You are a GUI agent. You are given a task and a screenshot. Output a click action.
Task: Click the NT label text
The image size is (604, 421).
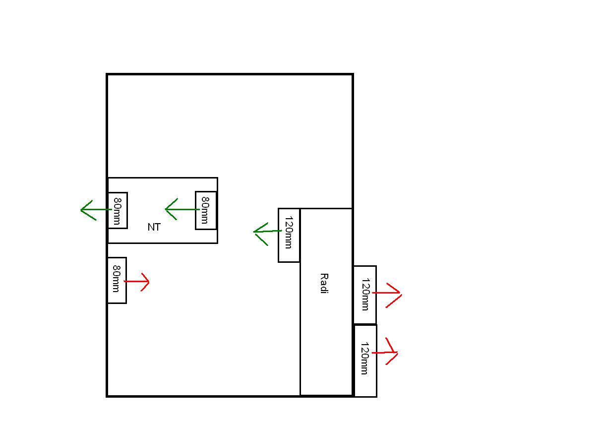pyautogui.click(x=154, y=227)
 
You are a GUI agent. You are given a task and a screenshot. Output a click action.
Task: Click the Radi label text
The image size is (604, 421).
pyautogui.click(x=324, y=283)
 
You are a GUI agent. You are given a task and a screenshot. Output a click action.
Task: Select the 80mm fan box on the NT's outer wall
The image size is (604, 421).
pyautogui.click(x=118, y=211)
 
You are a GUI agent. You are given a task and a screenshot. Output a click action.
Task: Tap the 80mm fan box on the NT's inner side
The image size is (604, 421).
pyautogui.click(x=206, y=210)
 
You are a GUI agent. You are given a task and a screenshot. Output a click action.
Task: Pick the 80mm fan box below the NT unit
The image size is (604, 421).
pyautogui.click(x=117, y=280)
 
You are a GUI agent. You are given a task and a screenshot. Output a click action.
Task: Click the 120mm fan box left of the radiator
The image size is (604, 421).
pyautogui.click(x=289, y=235)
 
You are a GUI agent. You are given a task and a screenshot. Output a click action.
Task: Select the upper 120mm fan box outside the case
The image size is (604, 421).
pyautogui.click(x=365, y=295)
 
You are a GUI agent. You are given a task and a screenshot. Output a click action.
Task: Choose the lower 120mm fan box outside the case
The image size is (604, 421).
pyautogui.click(x=365, y=361)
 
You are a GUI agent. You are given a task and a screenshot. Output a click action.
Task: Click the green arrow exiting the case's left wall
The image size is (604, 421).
pyautogui.click(x=94, y=210)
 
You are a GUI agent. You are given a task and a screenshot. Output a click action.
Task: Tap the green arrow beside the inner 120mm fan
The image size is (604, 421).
pyautogui.click(x=266, y=232)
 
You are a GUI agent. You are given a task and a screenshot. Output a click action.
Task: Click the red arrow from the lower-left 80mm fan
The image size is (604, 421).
pyautogui.click(x=137, y=282)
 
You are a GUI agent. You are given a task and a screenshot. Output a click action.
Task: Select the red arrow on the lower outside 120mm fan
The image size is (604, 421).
pyautogui.click(x=386, y=352)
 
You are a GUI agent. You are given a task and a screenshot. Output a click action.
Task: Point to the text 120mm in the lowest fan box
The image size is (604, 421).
pyautogui.click(x=364, y=359)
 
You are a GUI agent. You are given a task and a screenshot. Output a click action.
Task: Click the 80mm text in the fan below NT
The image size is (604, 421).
pyautogui.click(x=117, y=278)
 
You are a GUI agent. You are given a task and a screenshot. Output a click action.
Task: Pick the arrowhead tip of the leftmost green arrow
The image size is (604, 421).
pyautogui.click(x=81, y=210)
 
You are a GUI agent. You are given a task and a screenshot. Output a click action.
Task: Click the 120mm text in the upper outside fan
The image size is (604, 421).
pyautogui.click(x=365, y=295)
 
